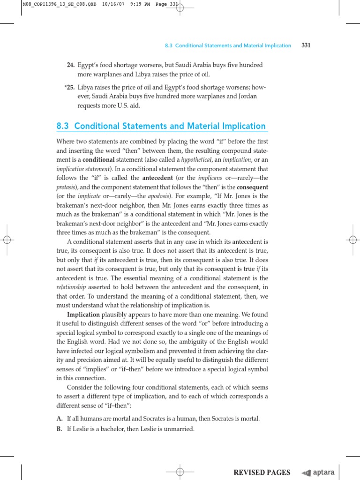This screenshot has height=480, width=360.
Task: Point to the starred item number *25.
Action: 69,87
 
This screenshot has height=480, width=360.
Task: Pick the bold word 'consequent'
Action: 253,187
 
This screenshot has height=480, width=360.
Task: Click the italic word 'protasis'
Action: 66,187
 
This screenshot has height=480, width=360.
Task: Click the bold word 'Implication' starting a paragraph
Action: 83,314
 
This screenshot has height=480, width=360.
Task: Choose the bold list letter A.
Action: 59,418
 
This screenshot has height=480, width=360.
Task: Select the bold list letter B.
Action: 59,429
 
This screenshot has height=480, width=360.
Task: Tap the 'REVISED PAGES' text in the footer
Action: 262,472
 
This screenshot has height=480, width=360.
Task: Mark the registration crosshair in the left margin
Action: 7,240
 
